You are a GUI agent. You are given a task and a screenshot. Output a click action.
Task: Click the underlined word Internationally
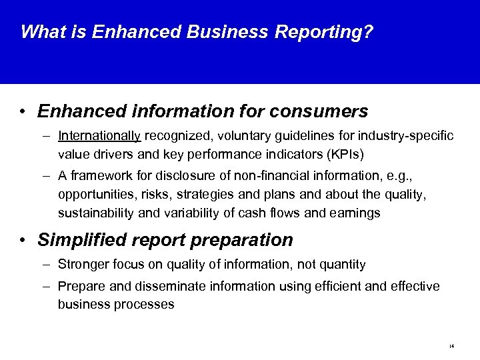click(99, 136)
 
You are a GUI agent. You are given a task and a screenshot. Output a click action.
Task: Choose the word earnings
click(357, 213)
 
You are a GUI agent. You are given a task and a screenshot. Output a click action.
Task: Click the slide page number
click(451, 346)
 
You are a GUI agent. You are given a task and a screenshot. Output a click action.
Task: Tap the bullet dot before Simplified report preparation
click(23, 240)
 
